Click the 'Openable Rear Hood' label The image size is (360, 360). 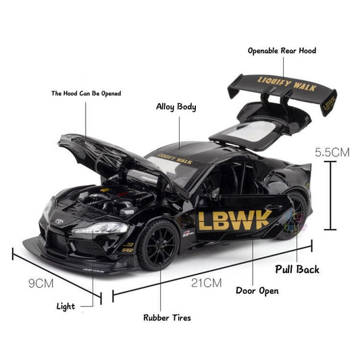(x=282, y=51)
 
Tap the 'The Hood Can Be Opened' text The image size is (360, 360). (x=86, y=93)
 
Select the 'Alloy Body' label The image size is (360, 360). (x=176, y=107)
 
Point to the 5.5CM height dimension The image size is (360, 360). (x=332, y=153)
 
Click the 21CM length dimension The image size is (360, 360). (x=206, y=284)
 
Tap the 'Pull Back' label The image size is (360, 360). (x=297, y=269)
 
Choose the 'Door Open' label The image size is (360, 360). (x=257, y=292)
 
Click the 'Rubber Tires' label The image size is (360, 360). (x=167, y=317)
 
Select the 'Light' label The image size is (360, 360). (x=66, y=307)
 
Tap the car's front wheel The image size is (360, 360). (x=160, y=244)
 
